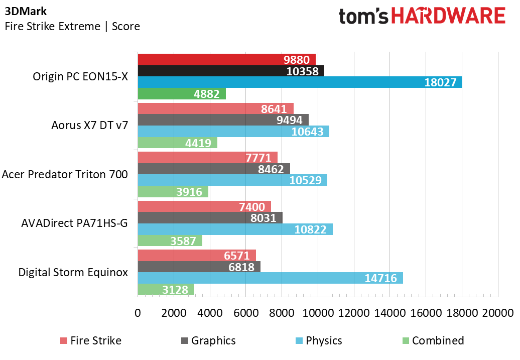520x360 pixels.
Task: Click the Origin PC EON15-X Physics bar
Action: coord(300,82)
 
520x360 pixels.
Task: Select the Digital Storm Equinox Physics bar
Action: coord(270,278)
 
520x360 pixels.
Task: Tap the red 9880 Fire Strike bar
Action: coord(227,60)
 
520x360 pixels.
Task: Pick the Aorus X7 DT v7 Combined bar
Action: coord(177,143)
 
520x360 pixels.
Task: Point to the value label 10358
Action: coord(303,71)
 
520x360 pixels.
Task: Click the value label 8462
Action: coord(271,169)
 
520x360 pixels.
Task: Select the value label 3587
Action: coord(183,241)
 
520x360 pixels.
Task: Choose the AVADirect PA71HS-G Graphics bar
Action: coord(210,218)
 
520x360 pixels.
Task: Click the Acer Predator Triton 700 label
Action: coord(65,174)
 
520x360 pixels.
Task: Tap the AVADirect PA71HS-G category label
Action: coord(75,223)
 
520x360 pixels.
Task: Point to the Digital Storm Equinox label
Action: coord(73,272)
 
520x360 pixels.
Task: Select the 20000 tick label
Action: coord(498,313)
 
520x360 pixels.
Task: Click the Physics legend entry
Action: coord(319,340)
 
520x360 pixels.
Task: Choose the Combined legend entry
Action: coord(433,340)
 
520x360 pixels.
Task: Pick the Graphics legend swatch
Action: coord(185,341)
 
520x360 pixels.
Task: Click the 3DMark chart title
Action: coord(26,11)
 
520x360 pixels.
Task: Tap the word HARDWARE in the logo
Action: coord(448,16)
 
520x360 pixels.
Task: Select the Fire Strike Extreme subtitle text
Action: coord(52,26)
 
